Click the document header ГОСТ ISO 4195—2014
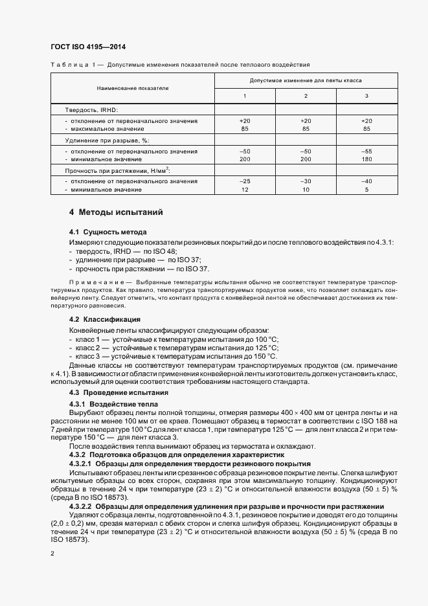[87, 47]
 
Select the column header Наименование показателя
[133, 87]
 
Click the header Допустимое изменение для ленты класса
[306, 80]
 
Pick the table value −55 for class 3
[367, 150]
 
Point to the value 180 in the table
[367, 159]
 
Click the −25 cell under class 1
[244, 181]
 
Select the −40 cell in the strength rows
[367, 181]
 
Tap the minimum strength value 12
[244, 189]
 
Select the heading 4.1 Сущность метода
[107, 232]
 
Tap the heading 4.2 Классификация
[105, 320]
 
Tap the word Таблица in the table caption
[66, 65]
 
